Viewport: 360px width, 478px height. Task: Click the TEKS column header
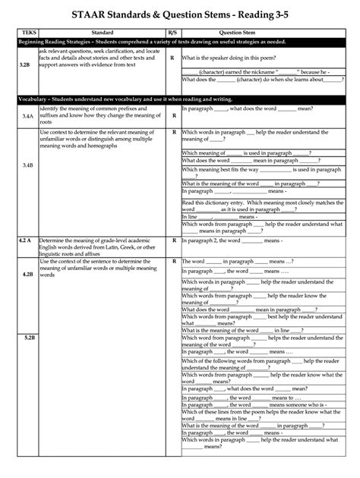30,33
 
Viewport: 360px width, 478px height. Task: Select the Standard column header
103,33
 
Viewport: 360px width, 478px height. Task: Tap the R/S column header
173,33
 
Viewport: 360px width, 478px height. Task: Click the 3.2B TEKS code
25,65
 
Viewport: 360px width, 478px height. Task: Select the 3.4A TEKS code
27,116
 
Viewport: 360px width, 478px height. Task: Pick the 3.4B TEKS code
27,165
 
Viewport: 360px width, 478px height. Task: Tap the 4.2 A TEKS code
25,240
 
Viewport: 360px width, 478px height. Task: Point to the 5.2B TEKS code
30,337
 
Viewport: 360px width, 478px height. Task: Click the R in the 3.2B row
172,57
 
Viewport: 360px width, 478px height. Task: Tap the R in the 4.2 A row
174,240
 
